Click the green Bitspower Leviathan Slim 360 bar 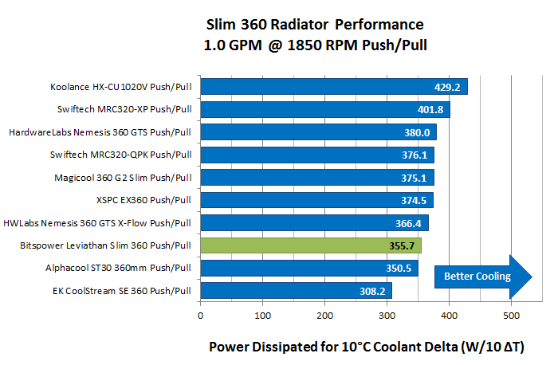(x=311, y=245)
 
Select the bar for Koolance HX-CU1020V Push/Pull (x=333, y=87)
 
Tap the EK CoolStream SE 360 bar (x=295, y=291)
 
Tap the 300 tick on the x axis (x=387, y=316)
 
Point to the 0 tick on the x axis (x=200, y=316)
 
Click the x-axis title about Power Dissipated (x=371, y=347)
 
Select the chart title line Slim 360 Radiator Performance (x=315, y=24)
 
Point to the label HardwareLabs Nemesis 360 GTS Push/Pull (x=101, y=132)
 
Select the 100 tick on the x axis (x=262, y=316)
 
